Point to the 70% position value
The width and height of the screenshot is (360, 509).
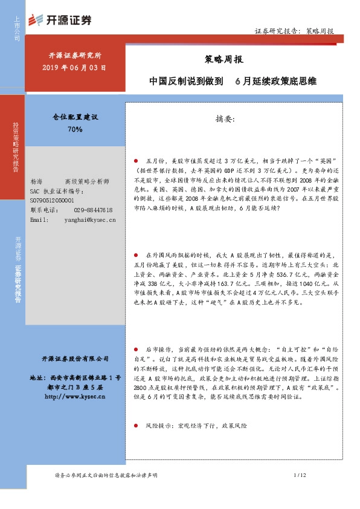[75, 129]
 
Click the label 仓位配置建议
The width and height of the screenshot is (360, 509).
[75, 117]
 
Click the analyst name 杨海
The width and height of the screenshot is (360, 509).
[36, 181]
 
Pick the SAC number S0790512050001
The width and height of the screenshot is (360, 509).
[52, 200]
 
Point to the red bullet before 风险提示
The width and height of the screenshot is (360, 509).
[137, 426]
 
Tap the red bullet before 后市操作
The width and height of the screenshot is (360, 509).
[137, 349]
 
